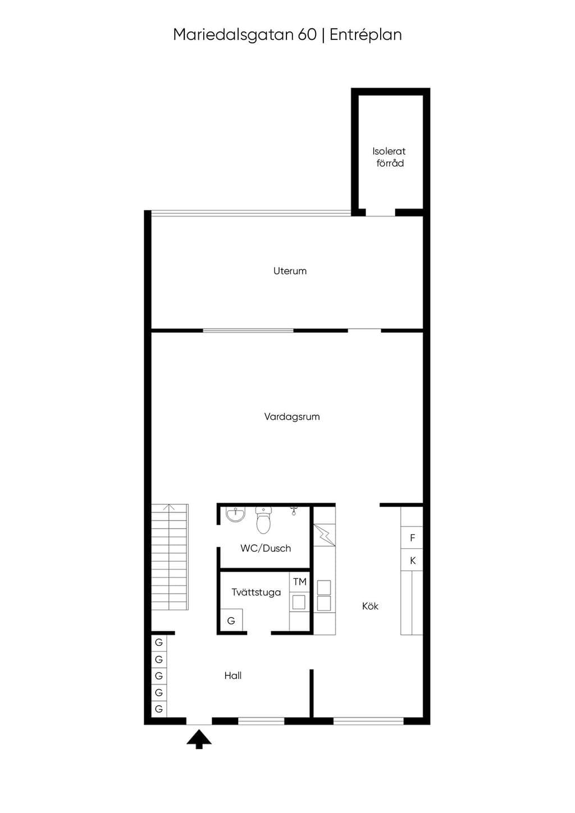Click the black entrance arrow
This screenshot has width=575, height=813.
click(199, 739)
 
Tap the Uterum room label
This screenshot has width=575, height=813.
click(290, 271)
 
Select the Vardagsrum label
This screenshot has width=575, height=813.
click(292, 417)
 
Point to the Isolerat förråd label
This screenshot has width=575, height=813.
click(389, 157)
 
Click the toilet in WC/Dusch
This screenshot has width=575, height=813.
click(263, 520)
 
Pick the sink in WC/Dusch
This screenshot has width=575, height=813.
click(235, 515)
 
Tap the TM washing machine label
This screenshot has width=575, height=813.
click(300, 582)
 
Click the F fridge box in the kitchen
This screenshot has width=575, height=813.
click(412, 538)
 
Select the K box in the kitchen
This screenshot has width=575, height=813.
click(412, 561)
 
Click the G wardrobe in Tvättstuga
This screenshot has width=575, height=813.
click(231, 621)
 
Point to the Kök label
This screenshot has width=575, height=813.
click(370, 606)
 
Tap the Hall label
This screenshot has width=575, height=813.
click(233, 676)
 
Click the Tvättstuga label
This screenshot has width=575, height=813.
click(256, 592)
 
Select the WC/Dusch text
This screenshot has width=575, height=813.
click(266, 548)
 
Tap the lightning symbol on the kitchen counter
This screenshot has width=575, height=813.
click(325, 535)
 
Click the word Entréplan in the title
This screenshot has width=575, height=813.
click(366, 35)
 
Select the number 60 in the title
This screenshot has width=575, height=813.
click(307, 35)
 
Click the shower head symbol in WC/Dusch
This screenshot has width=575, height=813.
click(294, 511)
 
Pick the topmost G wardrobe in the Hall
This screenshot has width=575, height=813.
click(159, 643)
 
